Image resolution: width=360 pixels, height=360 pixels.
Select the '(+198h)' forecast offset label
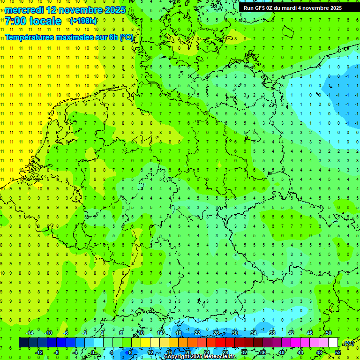click(x=83, y=21)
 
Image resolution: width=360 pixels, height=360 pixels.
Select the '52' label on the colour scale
click(x=338, y=352)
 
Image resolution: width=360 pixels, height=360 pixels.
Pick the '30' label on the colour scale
click(x=235, y=333)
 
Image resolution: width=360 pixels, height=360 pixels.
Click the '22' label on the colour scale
click(x=197, y=333)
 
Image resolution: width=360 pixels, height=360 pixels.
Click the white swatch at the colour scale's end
click(x=333, y=343)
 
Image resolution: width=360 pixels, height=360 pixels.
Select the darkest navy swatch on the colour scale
click(x=23, y=343)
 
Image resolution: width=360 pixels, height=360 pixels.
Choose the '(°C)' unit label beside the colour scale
click(x=348, y=343)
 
